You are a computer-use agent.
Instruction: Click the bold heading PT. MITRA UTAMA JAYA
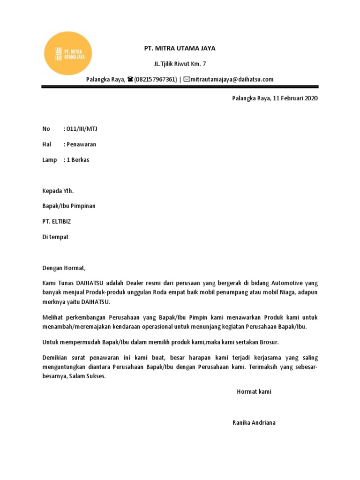point(180,48)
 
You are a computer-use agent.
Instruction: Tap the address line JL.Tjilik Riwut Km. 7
point(180,64)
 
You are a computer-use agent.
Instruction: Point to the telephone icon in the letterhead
point(130,79)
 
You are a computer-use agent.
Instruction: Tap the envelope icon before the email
point(187,79)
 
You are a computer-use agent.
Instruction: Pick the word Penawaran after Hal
point(81,144)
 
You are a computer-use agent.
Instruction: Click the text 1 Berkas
point(77,160)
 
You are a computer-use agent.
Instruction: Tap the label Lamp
point(50,160)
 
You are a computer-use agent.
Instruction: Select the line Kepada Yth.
point(58,191)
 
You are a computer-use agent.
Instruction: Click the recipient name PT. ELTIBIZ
point(57,221)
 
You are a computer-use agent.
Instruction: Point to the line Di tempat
point(55,237)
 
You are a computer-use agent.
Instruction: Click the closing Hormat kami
point(254,391)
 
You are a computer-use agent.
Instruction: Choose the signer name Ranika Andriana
point(254,422)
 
